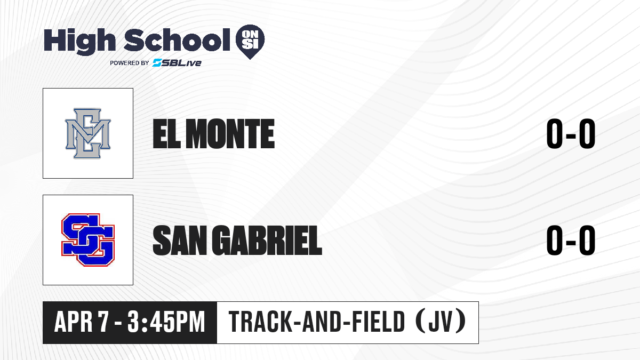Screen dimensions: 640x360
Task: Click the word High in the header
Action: point(79,41)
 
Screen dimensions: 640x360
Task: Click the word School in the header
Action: point(177,39)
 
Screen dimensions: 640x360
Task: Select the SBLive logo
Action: point(177,62)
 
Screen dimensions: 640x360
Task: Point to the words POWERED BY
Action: point(130,63)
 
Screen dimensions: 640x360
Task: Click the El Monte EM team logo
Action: point(88,133)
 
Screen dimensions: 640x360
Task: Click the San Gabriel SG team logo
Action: point(88,239)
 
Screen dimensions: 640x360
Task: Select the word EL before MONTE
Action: point(166,134)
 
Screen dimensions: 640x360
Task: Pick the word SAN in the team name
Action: point(180,240)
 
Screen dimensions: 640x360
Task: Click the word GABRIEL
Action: point(267,240)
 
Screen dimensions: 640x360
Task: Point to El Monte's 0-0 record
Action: point(571,134)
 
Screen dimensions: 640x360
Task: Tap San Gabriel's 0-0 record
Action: point(571,240)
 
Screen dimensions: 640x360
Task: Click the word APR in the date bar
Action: point(73,322)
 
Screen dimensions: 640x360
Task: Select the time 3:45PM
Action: point(166,322)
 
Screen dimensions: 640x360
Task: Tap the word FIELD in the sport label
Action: point(377,322)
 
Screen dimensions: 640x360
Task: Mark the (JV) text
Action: point(441,322)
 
